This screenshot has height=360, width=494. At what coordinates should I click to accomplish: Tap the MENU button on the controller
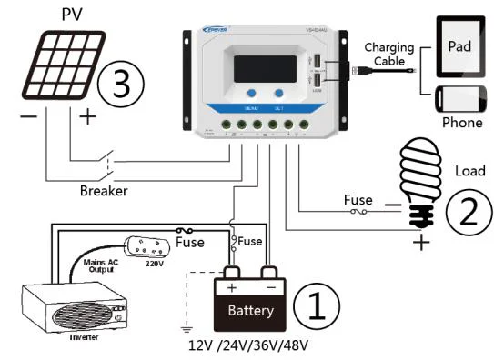(248, 94)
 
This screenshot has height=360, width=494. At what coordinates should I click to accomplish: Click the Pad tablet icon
(461, 45)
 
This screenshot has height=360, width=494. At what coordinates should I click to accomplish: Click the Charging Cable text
(388, 55)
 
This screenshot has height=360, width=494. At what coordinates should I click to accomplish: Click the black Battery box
(248, 305)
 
